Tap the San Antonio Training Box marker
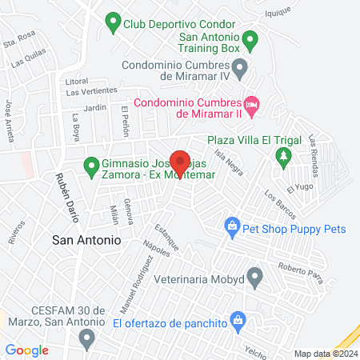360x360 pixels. [250, 38]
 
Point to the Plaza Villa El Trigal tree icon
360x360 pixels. [282, 156]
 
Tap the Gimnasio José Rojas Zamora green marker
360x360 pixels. [91, 168]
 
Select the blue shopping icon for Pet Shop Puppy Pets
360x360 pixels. [232, 228]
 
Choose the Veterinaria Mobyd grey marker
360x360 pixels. [255, 279]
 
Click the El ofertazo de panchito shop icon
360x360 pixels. [238, 322]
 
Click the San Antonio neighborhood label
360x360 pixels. [86, 239]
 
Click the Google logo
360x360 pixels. [26, 350]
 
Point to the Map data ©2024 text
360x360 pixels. [325, 354]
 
